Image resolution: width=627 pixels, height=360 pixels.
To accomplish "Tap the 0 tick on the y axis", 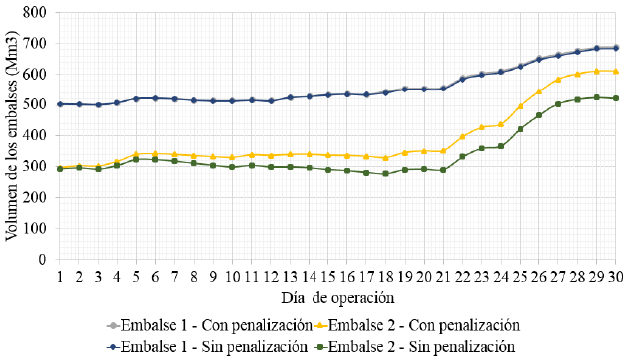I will coord(42,259).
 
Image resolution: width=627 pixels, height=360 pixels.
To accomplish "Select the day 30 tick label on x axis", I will coord(616,275).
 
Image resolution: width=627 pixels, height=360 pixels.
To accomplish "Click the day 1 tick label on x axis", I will coord(60,275).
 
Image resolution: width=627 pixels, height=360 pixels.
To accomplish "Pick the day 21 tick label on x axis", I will coord(443,275).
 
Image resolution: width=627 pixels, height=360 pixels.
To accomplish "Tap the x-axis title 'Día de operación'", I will coord(337,296).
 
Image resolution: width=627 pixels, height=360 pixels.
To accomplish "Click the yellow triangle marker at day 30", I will coord(616,71).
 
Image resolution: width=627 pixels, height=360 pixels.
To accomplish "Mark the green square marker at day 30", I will coord(616,98).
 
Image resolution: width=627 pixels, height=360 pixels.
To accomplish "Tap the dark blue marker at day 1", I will coord(60,104).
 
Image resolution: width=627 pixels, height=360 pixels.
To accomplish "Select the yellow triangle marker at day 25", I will coord(520,106).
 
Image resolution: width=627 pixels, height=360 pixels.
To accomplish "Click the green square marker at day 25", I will coord(520,129).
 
